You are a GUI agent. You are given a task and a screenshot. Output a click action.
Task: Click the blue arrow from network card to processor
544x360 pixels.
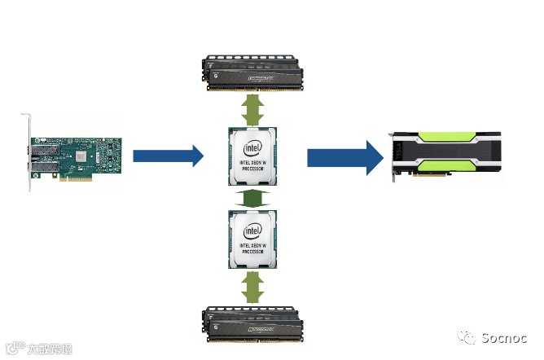[167, 155]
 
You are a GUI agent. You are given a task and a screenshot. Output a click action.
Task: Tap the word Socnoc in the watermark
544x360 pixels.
[504, 337]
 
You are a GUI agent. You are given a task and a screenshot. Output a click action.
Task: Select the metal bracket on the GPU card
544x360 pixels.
[393, 154]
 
